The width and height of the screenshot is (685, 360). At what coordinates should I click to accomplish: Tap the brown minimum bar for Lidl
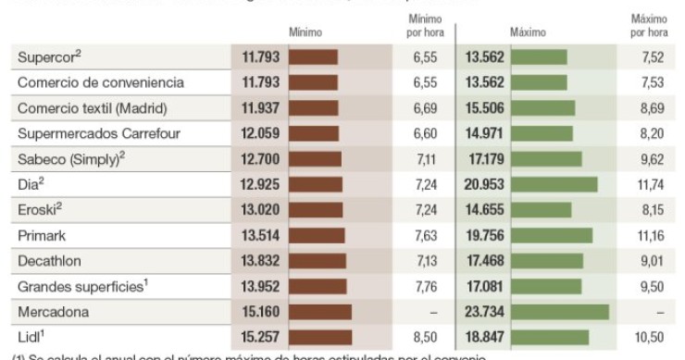point(320,336)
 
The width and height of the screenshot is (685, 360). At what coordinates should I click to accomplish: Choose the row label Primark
point(44,235)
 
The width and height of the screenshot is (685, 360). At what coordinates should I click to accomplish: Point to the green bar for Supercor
point(540,57)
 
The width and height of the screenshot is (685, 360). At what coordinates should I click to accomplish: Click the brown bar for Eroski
point(316,209)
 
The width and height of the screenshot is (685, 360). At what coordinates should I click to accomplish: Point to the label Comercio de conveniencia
point(101,82)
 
